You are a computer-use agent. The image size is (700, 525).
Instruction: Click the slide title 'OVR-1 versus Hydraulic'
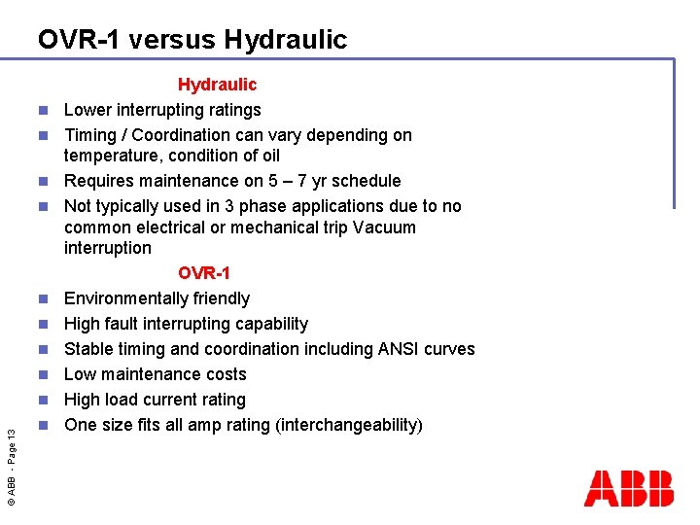(x=192, y=40)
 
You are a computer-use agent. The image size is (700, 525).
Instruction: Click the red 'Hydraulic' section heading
(x=217, y=86)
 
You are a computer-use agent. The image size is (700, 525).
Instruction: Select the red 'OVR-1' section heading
(x=204, y=273)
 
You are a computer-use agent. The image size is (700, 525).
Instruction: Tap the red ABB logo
(x=628, y=488)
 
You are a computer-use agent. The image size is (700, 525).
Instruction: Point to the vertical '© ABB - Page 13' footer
(x=11, y=454)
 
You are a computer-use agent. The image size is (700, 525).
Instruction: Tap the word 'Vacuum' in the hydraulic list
(x=384, y=227)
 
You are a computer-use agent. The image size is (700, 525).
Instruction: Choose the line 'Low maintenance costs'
(x=155, y=374)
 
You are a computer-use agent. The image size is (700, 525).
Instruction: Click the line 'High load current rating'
(x=155, y=400)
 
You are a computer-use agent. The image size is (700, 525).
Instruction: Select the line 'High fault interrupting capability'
(x=186, y=324)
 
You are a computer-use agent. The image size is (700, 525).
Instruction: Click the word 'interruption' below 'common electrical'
(x=107, y=248)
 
